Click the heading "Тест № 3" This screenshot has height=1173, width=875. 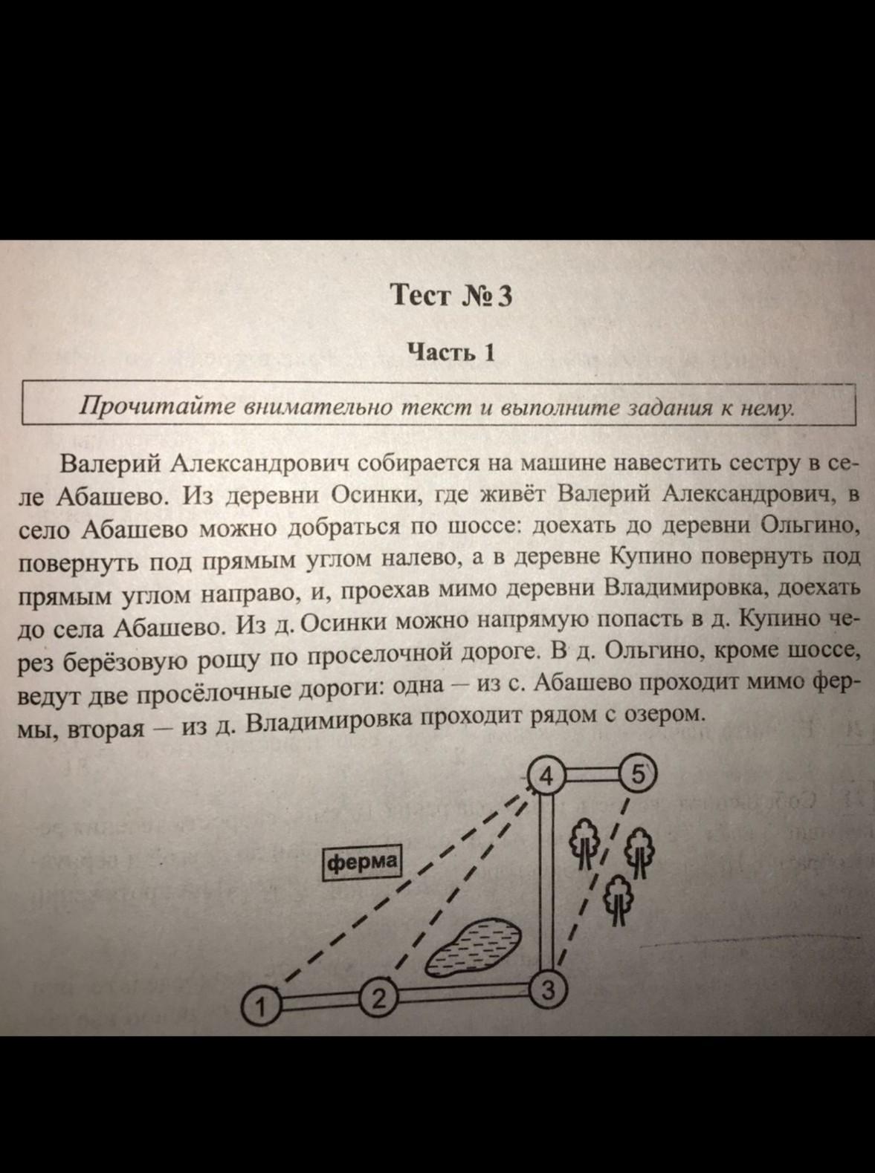(451, 296)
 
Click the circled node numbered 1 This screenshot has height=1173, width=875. (260, 1007)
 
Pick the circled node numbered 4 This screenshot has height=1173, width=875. (546, 776)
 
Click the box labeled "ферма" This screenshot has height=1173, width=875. (362, 862)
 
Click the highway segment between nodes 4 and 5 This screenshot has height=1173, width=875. (592, 774)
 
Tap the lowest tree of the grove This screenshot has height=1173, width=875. (617, 897)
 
